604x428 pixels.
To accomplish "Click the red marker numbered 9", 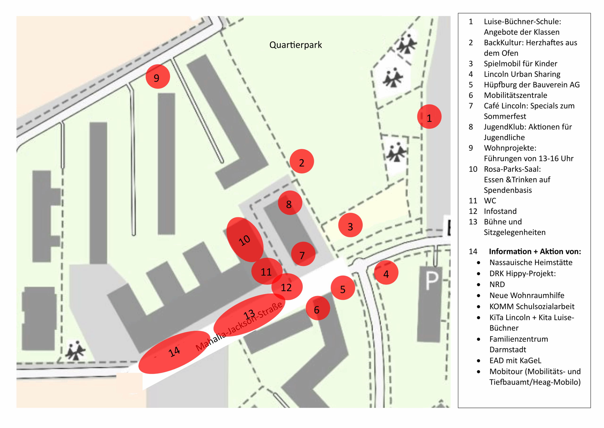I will tap(158, 77).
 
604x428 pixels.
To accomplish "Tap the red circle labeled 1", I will tap(429, 117).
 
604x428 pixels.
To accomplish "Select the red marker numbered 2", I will tap(302, 161).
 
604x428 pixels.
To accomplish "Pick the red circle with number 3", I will tap(350, 225).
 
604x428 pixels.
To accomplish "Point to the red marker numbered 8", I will tap(290, 203).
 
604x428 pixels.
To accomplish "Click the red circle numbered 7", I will tap(303, 254).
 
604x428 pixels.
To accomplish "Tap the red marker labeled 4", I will tap(386, 272).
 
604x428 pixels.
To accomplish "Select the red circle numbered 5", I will tap(343, 288).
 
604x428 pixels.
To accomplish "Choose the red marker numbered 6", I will tap(318, 308).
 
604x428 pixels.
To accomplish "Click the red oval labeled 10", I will tap(245, 240).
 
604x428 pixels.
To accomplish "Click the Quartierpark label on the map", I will tap(295, 45).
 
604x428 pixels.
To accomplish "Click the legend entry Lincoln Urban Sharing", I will tap(522, 74).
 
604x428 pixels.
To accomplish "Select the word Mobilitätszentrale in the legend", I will tap(515, 95).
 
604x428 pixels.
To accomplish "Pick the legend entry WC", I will tap(490, 201).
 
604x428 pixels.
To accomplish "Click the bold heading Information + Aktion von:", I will tap(535, 252).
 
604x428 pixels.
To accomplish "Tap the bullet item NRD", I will tap(497, 285).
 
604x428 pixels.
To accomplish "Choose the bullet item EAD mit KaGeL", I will tap(515, 361).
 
